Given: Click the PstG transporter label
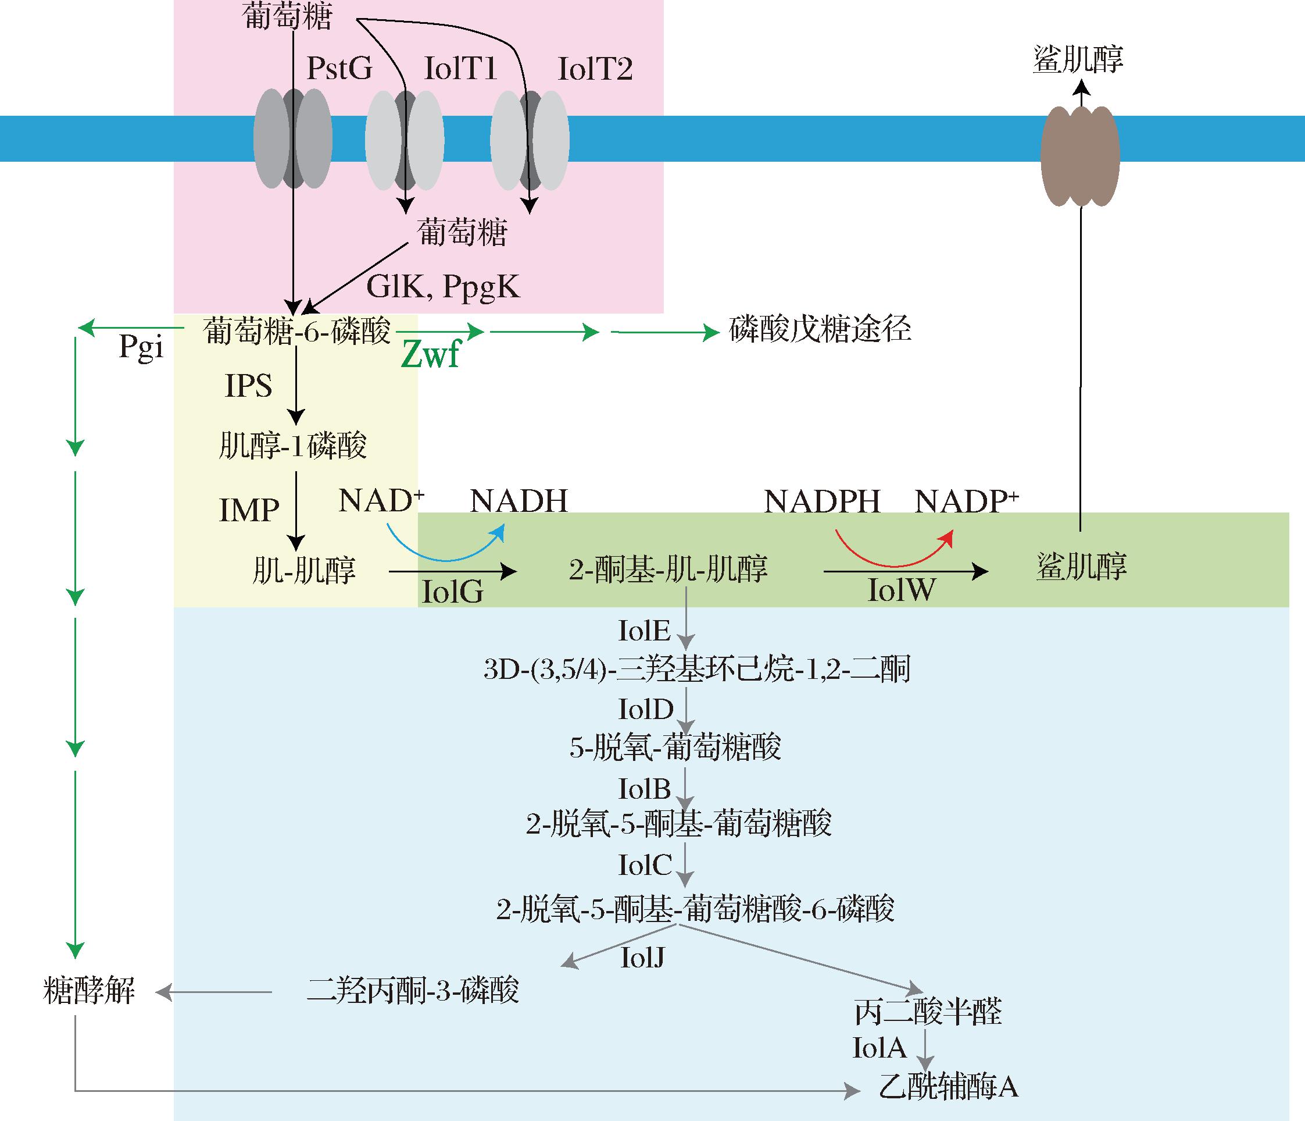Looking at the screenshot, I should (x=339, y=68).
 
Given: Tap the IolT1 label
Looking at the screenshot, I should (x=460, y=68).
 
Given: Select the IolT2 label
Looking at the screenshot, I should (x=595, y=68).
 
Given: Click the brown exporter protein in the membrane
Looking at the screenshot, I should (x=1079, y=156).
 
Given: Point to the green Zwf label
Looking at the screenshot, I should (x=431, y=355).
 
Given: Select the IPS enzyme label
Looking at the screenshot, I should (x=249, y=386).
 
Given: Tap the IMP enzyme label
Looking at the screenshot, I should (x=249, y=510).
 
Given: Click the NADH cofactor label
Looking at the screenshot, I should (x=519, y=501).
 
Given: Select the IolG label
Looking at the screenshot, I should (x=452, y=592).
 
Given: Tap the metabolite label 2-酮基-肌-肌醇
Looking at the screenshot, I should (x=668, y=568).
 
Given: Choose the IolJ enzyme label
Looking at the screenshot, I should (x=642, y=958).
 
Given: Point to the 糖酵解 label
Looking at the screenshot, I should (x=89, y=991).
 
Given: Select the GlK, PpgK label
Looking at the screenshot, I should (x=443, y=287).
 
